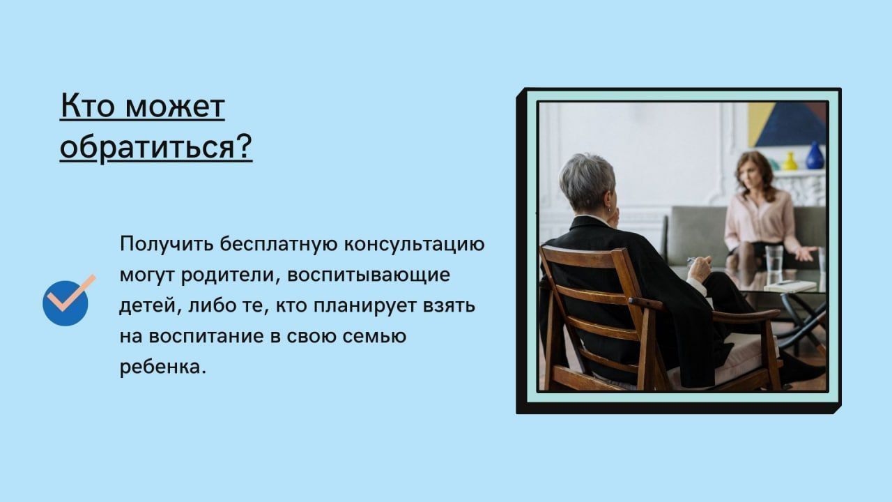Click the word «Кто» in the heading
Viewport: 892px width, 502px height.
tap(88, 106)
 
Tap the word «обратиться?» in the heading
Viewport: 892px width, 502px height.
tap(156, 146)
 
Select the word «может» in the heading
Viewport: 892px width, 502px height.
tap(175, 107)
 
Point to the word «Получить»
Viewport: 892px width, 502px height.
tap(167, 244)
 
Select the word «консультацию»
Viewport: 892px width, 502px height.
tap(414, 245)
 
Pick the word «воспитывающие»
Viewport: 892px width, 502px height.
tap(369, 275)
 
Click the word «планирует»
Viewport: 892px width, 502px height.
tap(364, 307)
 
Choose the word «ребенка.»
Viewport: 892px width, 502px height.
tap(163, 367)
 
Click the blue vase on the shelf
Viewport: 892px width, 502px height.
tap(815, 155)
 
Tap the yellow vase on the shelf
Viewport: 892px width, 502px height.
tap(790, 161)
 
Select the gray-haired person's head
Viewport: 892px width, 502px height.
tap(587, 184)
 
